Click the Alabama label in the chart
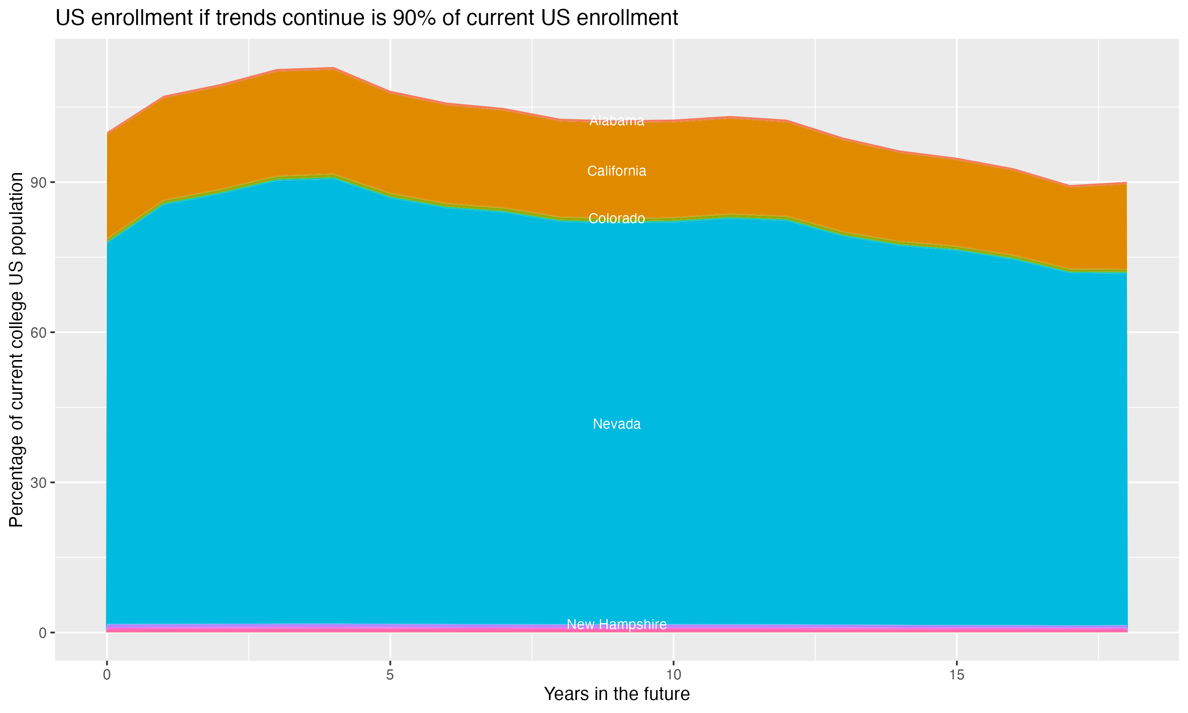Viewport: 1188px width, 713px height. pyautogui.click(x=617, y=121)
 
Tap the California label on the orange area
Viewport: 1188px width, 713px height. pyautogui.click(x=617, y=171)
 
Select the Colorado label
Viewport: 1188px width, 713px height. pyautogui.click(x=617, y=219)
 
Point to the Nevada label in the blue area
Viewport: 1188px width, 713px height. pyautogui.click(x=617, y=424)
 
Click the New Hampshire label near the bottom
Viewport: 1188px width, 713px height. pyautogui.click(x=617, y=625)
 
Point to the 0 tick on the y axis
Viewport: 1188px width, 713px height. pyautogui.click(x=43, y=633)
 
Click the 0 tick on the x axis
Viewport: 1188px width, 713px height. pyautogui.click(x=107, y=675)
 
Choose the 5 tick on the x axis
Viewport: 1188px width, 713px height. pyautogui.click(x=390, y=675)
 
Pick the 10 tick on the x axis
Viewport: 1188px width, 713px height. pyautogui.click(x=673, y=675)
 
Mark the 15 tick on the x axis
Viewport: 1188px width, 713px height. pyautogui.click(x=957, y=675)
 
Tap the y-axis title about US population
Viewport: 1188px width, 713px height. pyautogui.click(x=16, y=350)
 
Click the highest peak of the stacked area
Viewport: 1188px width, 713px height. pyautogui.click(x=333, y=68)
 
